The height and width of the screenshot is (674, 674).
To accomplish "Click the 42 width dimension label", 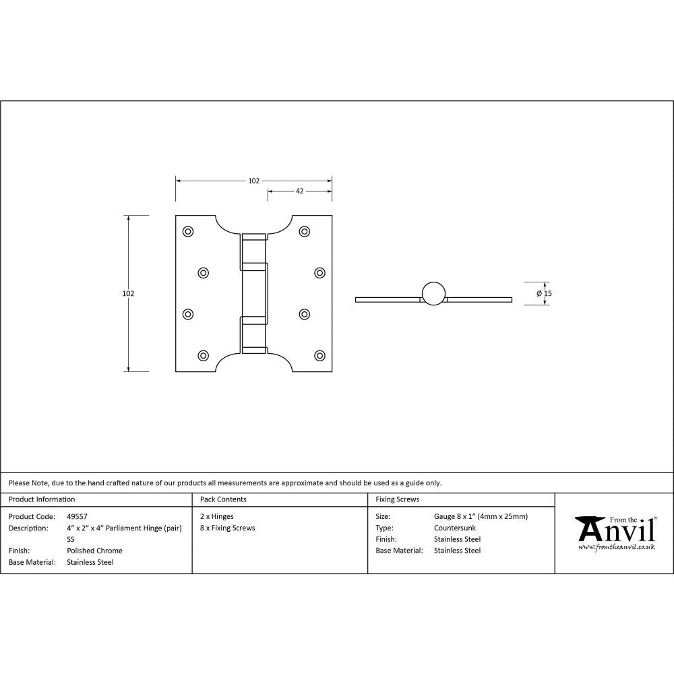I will [x=299, y=191].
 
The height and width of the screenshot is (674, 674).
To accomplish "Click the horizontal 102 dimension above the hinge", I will [x=253, y=181].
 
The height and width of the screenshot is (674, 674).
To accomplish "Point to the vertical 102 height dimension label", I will [x=128, y=293].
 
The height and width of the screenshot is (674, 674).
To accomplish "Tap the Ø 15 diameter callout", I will [x=544, y=293].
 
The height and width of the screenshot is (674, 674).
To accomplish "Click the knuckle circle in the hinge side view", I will [x=433, y=293].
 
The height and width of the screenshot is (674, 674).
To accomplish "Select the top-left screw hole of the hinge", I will [x=188, y=232].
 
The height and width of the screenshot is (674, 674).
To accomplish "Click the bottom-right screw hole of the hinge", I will [x=319, y=355].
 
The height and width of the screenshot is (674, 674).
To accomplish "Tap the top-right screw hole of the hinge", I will [x=305, y=232].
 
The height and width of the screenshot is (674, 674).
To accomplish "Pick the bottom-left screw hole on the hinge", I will [x=203, y=355].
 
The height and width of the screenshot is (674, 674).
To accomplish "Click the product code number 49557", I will [x=77, y=517].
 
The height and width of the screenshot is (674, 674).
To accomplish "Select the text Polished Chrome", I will [x=94, y=551].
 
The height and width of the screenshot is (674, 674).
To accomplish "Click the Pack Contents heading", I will [x=223, y=499].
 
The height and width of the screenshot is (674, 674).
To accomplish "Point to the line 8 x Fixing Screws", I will [x=228, y=528].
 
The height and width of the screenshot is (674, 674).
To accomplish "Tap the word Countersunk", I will [x=455, y=528].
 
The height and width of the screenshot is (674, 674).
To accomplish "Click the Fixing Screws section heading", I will [x=397, y=499].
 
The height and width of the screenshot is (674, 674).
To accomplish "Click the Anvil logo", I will [x=615, y=530].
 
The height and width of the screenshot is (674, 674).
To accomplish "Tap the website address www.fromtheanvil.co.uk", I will [x=616, y=547].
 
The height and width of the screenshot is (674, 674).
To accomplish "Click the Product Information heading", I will [x=42, y=499].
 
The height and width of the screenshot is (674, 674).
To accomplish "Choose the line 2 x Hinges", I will [x=217, y=517].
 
